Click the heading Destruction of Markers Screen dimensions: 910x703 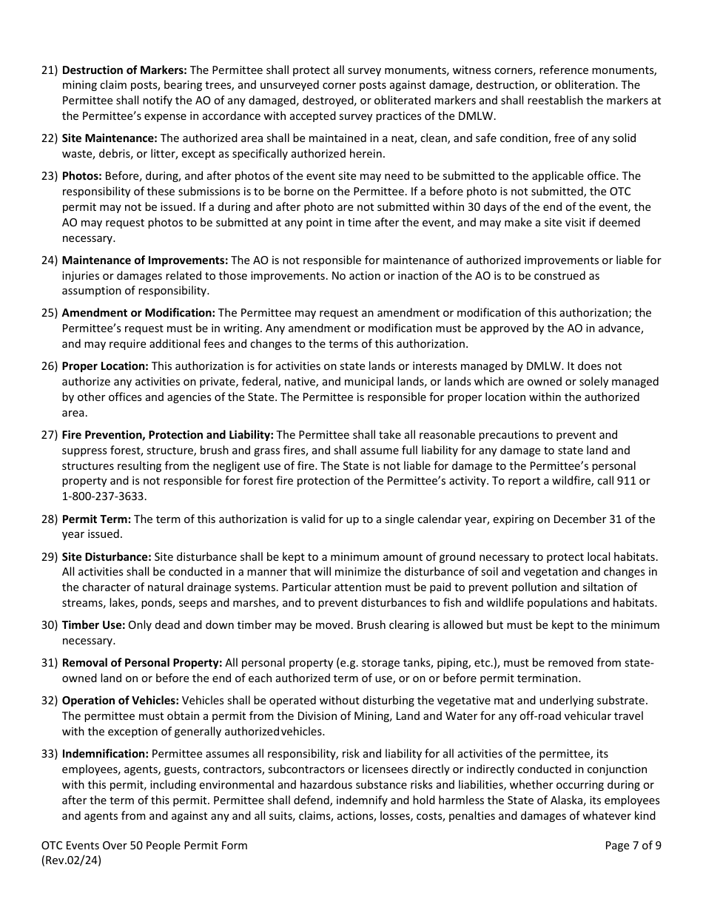coord(124,70)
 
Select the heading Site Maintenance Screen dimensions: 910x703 coord(110,138)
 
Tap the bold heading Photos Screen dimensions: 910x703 coord(82,176)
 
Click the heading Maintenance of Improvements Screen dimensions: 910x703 coord(145,260)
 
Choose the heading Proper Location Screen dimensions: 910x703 coord(105,366)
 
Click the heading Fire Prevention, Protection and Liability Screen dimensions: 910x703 coord(167,435)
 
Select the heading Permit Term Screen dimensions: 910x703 coord(96,519)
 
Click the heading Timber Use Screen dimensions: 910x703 coord(93,625)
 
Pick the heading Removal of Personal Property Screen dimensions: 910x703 coord(142,663)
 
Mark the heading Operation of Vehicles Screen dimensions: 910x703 coord(120,701)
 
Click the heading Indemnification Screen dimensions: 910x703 coord(105,754)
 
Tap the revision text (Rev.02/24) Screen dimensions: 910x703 coord(72,860)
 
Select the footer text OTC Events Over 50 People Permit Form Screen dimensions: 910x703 coord(144,846)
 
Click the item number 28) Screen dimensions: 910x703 coord(49,519)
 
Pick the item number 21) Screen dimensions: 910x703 coord(49,70)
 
